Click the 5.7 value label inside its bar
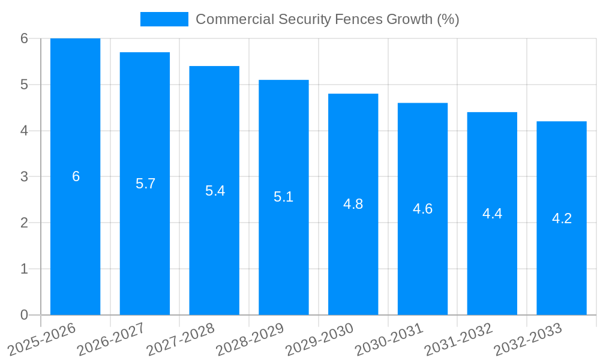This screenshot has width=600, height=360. [x=145, y=184]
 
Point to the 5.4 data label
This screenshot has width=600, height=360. [x=215, y=191]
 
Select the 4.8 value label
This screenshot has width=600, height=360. [x=353, y=204]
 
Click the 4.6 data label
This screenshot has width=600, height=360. [x=422, y=209]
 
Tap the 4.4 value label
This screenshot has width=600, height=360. [x=492, y=214]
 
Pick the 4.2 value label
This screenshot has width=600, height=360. [x=562, y=218]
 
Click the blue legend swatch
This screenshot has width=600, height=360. [x=164, y=19]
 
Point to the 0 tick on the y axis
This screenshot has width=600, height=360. [x=24, y=315]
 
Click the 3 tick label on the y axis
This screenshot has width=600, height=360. [x=24, y=176]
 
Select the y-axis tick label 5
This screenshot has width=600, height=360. [x=24, y=85]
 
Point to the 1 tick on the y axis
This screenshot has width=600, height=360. [x=24, y=269]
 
